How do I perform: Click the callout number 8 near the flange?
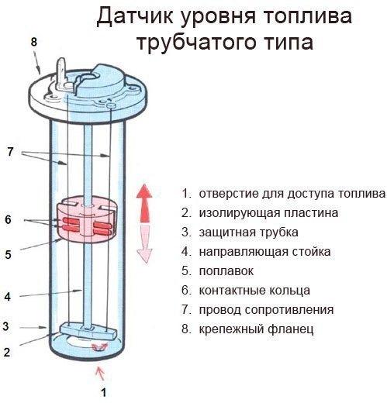(33, 40)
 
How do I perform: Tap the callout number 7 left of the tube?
(10, 152)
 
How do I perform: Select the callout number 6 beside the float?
(9, 219)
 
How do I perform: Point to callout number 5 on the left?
(9, 253)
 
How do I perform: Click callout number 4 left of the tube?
(9, 295)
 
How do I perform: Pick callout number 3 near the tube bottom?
(6, 325)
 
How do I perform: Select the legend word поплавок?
(226, 272)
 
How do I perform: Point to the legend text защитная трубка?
(248, 232)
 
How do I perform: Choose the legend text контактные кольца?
(254, 291)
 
